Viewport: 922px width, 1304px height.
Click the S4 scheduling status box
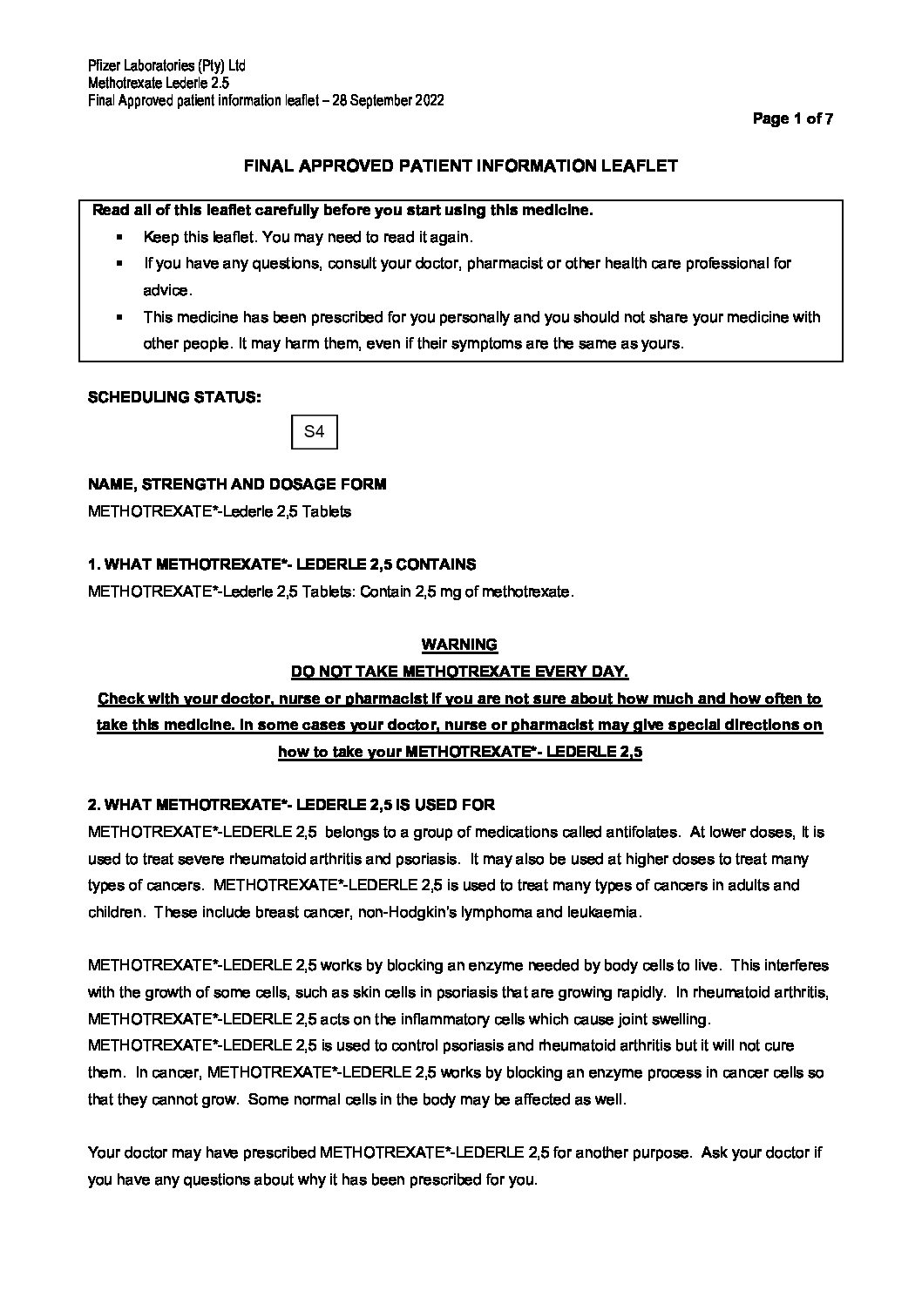314,432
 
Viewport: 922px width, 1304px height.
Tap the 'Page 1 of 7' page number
793,119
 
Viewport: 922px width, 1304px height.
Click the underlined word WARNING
459,645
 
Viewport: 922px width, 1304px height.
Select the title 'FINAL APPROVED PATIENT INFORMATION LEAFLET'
459,166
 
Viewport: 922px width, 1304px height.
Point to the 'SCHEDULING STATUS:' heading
174,397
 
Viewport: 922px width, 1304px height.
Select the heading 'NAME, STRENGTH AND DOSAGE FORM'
237,484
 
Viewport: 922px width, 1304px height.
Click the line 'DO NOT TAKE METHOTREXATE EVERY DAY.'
459,672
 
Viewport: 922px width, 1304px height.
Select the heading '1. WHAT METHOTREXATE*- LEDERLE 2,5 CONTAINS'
282,564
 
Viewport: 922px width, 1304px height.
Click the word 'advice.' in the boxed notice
167,290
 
